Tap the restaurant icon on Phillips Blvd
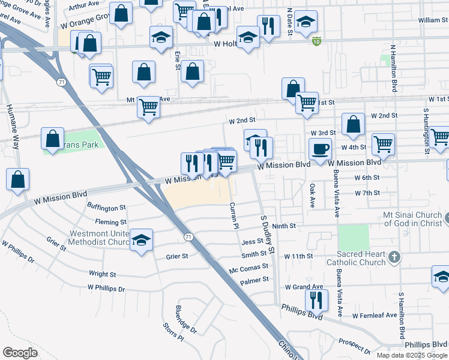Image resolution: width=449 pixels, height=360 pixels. click(316, 299)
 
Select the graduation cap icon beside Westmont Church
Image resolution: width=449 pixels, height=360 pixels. click(141, 241)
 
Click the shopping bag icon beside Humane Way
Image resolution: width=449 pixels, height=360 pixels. click(18, 179)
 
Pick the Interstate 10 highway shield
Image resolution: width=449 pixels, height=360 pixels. click(316, 41)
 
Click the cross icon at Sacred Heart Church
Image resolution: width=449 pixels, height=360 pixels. click(394, 257)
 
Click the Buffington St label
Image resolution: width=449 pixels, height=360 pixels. click(106, 208)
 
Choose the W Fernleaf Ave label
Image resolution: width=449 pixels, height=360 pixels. click(375, 315)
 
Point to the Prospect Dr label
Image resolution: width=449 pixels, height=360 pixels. click(354, 344)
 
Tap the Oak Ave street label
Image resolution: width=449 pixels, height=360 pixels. click(312, 196)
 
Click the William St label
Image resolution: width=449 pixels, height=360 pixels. click(429, 20)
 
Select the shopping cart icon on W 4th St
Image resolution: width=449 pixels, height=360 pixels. click(383, 144)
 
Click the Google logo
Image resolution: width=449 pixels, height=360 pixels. click(20, 352)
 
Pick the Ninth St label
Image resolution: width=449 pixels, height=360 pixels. click(285, 226)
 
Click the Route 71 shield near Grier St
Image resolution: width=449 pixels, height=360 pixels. click(188, 237)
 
